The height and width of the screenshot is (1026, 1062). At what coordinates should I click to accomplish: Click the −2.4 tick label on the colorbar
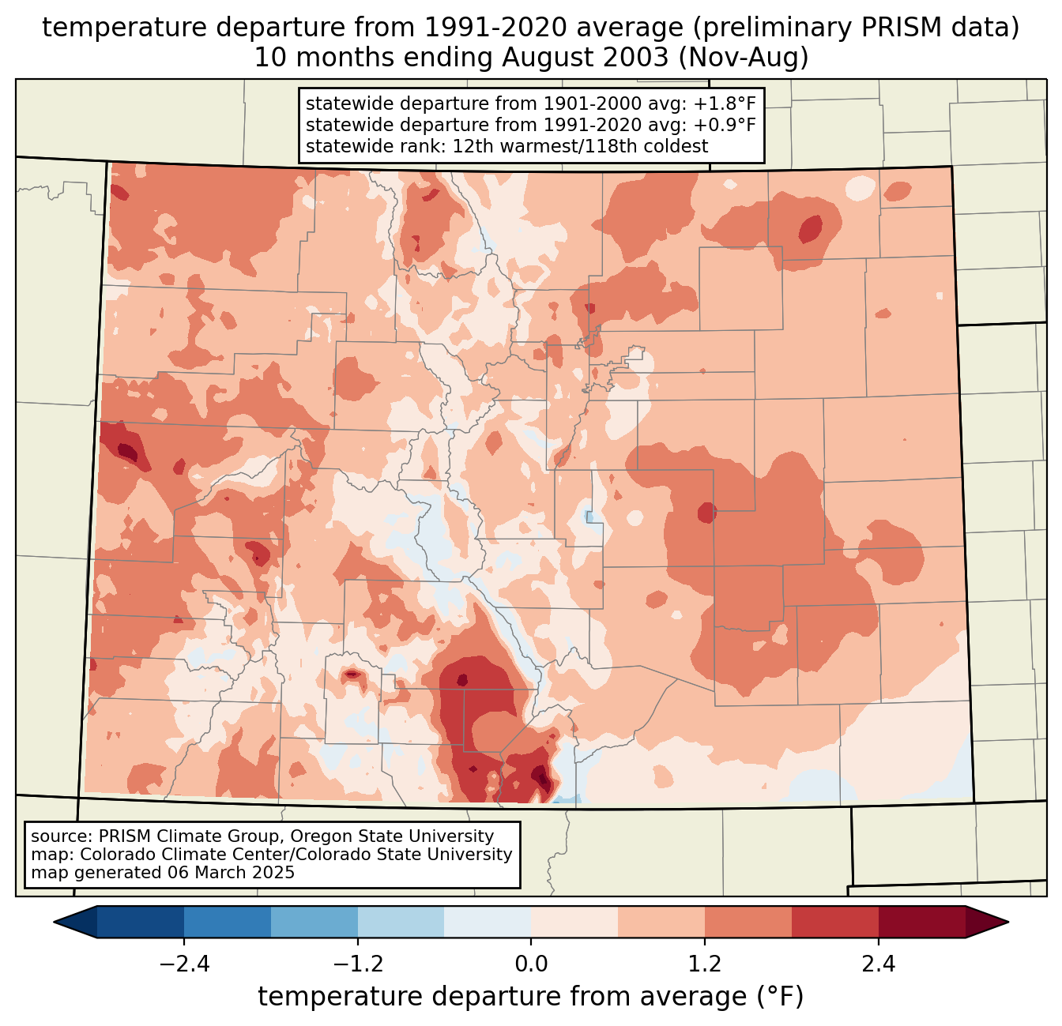(183, 964)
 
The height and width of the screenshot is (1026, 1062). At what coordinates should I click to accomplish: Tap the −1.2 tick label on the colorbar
(357, 964)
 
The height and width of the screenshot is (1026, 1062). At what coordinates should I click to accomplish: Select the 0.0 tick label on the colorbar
(531, 964)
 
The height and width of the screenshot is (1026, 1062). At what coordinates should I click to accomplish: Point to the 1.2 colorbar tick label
(705, 964)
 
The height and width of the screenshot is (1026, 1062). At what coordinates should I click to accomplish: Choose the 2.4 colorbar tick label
(879, 964)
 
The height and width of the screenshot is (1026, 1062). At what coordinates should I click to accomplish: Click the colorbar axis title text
(531, 998)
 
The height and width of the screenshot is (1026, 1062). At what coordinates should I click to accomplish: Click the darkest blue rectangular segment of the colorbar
(141, 922)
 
